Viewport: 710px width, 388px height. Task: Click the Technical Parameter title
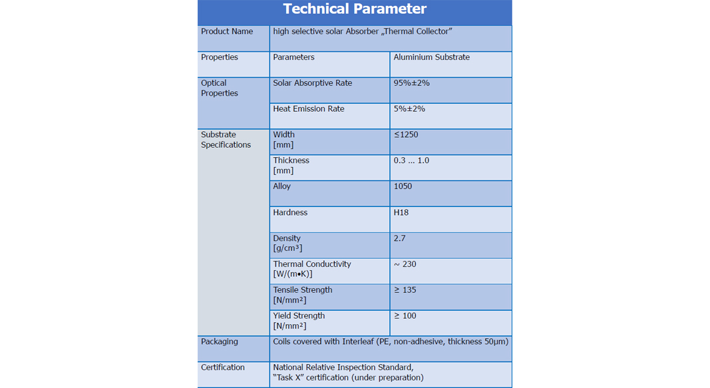(x=355, y=9)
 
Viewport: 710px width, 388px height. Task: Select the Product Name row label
(x=227, y=31)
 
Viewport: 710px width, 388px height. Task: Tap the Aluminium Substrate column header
(x=431, y=57)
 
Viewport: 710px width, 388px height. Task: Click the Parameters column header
(x=293, y=57)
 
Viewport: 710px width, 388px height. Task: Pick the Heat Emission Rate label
(x=309, y=108)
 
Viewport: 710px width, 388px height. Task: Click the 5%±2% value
(x=409, y=108)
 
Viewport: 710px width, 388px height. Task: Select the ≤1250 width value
(x=406, y=134)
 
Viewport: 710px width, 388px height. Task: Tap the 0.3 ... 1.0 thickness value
(x=411, y=160)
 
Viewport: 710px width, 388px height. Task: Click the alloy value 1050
(x=403, y=186)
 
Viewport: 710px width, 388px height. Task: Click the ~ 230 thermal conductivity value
(x=405, y=264)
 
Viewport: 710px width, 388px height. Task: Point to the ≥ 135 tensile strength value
(x=405, y=290)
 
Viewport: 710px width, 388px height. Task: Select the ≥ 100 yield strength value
(x=405, y=315)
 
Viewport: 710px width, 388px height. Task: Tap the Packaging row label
(x=219, y=341)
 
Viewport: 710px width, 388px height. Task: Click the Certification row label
(x=223, y=367)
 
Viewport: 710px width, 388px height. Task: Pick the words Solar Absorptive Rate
(x=313, y=83)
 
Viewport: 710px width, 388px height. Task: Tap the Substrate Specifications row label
(x=226, y=140)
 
